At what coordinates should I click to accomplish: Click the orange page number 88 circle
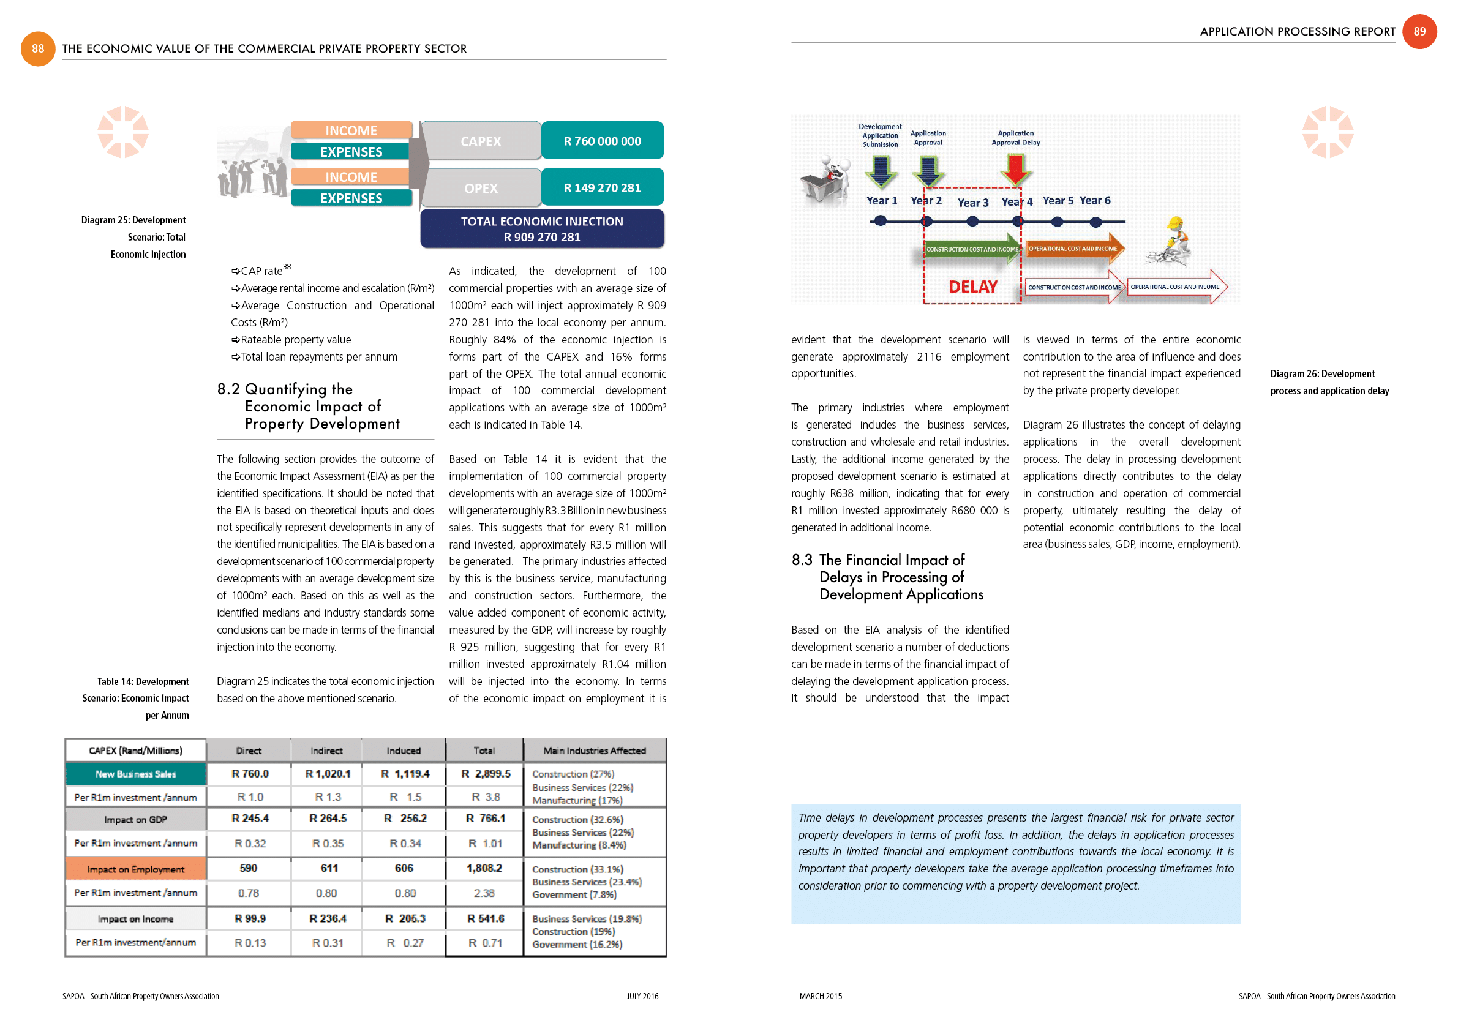coord(38,49)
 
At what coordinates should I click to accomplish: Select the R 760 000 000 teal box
coord(602,141)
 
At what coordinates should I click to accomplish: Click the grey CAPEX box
coord(481,141)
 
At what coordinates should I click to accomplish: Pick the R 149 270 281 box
coord(602,188)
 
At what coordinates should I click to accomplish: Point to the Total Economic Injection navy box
coord(542,229)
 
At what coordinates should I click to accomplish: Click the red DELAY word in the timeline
coord(972,287)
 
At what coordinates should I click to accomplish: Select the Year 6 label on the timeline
coord(1095,201)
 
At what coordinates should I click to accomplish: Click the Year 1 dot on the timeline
coord(880,221)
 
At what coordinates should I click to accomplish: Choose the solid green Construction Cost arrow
coord(972,249)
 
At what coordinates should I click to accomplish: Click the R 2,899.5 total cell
coord(485,773)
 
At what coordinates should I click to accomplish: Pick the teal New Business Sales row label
coord(135,774)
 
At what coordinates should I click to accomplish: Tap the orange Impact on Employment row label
coord(135,869)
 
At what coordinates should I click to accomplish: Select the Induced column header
coord(404,751)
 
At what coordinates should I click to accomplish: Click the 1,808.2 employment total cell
coord(484,868)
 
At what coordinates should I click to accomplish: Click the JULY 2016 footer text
coord(642,996)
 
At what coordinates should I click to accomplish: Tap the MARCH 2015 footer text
coord(821,996)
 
